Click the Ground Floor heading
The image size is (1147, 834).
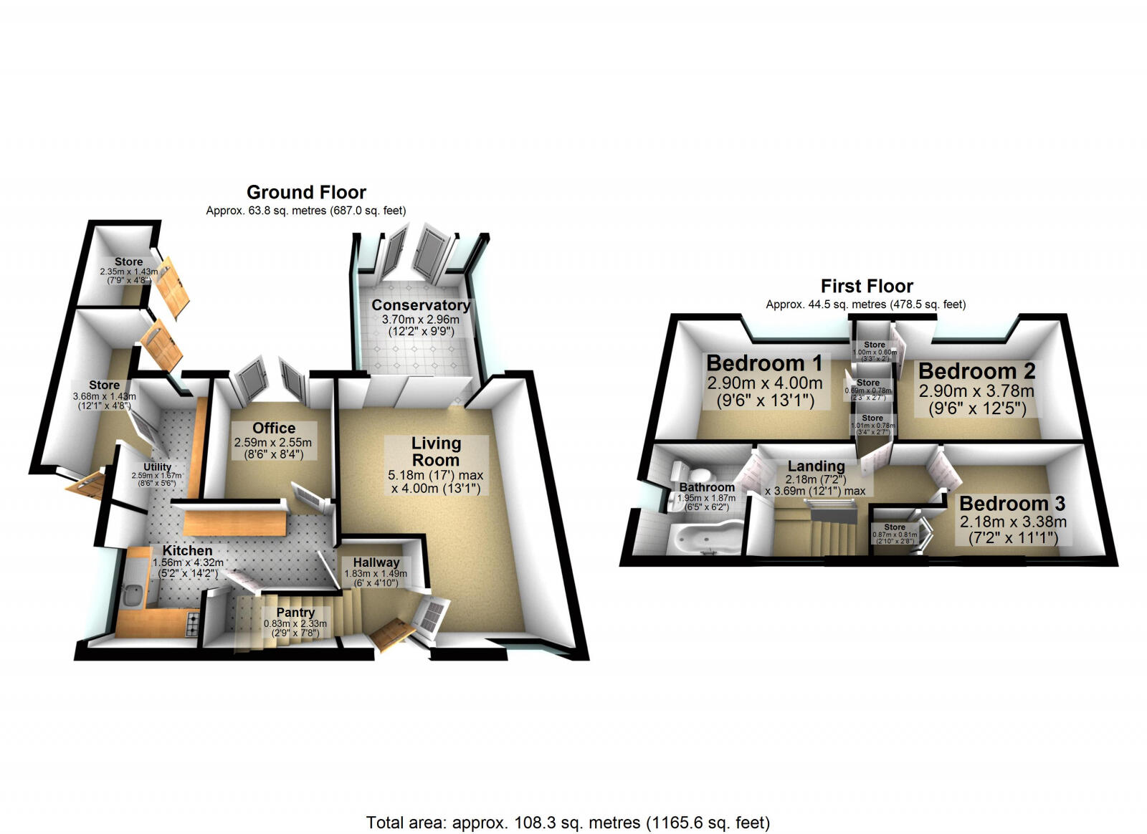tap(306, 192)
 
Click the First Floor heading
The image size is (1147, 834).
tap(867, 286)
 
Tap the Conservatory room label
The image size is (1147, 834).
tap(421, 305)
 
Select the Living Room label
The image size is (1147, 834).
tap(436, 451)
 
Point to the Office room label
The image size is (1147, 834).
tap(274, 428)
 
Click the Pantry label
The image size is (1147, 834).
tap(295, 613)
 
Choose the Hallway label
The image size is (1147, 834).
tap(376, 562)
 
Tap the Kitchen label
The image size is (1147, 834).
tap(187, 550)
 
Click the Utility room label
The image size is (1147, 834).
tap(158, 467)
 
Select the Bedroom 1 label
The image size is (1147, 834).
tap(764, 363)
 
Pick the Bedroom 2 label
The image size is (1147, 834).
tap(976, 371)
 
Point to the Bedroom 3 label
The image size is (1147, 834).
tap(1012, 503)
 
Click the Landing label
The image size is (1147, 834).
tap(816, 466)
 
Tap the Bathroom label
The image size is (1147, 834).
tap(707, 487)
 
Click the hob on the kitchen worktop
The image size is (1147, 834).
tap(192, 625)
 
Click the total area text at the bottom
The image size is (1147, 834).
tap(568, 823)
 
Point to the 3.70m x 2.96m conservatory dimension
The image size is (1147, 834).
tap(415, 320)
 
